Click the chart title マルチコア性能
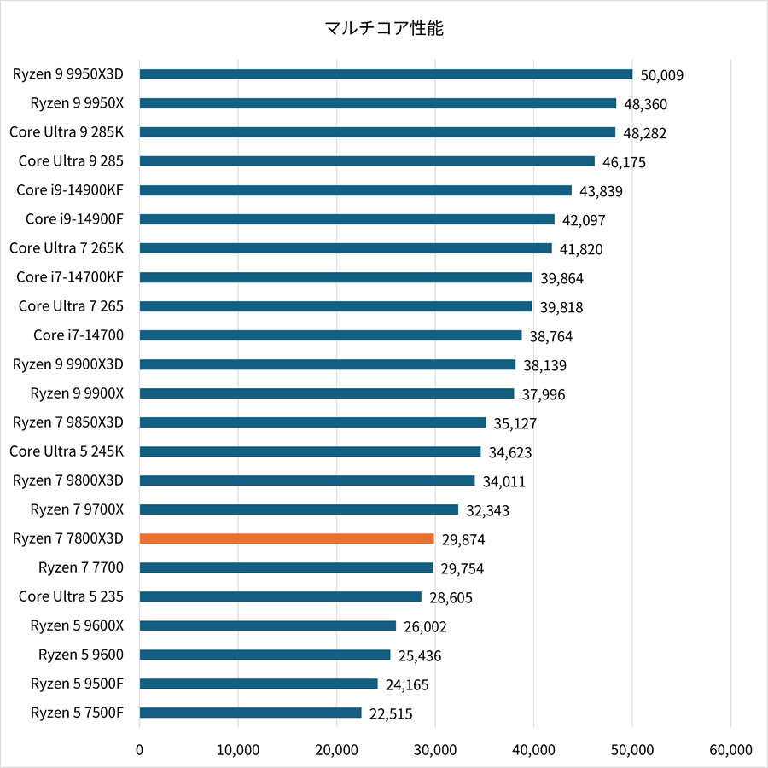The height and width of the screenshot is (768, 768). [384, 29]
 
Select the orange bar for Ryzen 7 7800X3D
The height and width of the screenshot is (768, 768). [287, 538]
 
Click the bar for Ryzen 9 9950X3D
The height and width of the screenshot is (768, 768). [386, 74]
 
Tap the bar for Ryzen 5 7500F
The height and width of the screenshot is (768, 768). [250, 713]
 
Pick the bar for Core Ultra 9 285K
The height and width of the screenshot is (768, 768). [377, 132]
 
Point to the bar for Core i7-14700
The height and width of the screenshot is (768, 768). [330, 335]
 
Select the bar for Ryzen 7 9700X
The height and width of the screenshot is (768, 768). [299, 509]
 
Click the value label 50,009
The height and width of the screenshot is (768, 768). [662, 75]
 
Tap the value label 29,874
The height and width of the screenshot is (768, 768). [463, 539]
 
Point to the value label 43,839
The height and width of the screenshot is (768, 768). [601, 191]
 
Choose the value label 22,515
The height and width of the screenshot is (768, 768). [391, 713]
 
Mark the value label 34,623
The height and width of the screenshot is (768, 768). [510, 452]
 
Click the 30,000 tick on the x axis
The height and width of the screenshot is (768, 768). [435, 750]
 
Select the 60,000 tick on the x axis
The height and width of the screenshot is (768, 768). [730, 750]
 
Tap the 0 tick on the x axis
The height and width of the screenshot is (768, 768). [140, 750]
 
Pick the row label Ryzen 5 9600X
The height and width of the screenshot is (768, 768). [77, 625]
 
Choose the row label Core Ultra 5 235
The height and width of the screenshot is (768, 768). [71, 596]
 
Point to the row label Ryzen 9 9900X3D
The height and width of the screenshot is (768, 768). [68, 364]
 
